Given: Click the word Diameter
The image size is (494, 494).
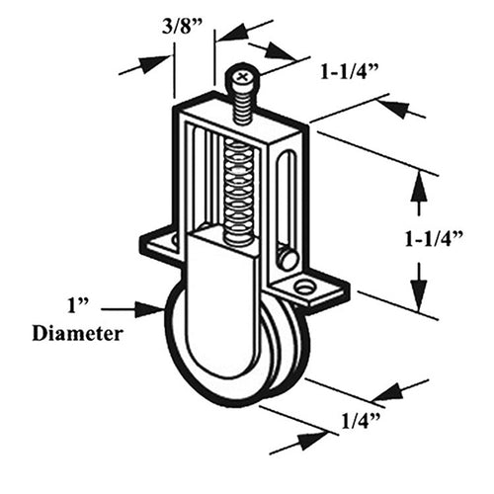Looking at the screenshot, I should pos(78,333).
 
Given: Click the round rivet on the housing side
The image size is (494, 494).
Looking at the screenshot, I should pos(288,259).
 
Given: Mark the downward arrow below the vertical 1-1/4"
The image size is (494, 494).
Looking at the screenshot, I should pos(420,288).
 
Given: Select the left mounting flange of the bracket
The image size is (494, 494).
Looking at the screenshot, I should pos(158,242).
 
